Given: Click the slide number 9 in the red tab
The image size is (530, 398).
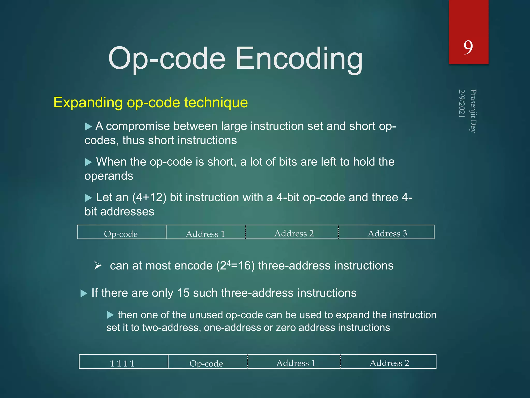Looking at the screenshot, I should click(468, 48).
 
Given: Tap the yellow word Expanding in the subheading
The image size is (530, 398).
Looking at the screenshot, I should click(88, 102).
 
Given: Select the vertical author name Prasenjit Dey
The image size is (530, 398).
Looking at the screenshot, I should click(473, 111).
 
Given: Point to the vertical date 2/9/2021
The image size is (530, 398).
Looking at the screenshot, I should click(462, 103).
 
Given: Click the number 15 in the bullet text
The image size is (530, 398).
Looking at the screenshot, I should click(183, 293).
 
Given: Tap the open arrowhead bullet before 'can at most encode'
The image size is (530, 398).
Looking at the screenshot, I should click(98, 265).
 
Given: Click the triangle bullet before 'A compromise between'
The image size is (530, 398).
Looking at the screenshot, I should click(89, 127).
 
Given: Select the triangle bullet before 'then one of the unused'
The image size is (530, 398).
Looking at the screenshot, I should click(111, 315).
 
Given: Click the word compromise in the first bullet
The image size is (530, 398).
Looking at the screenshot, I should click(138, 126).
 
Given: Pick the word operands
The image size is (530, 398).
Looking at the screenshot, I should click(109, 176).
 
